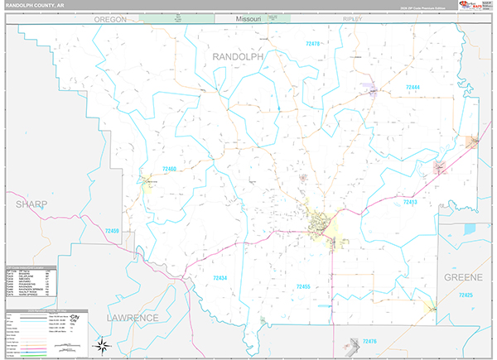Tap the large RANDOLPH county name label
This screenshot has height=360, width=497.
pyautogui.click(x=238, y=56)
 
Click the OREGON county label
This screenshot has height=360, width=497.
pyautogui.click(x=110, y=18)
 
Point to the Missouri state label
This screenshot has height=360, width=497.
pyautogui.click(x=248, y=18)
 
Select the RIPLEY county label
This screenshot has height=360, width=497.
pyautogui.click(x=354, y=18)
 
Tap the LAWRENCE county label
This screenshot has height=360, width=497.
pyautogui.click(x=132, y=317)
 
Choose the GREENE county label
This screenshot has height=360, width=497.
pyautogui.click(x=461, y=276)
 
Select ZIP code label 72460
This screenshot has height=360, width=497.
pyautogui.click(x=169, y=168)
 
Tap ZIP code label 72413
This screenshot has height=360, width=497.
pyautogui.click(x=411, y=201)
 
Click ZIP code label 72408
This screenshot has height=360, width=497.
pyautogui.click(x=112, y=230)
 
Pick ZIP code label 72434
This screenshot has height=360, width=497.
pyautogui.click(x=220, y=278)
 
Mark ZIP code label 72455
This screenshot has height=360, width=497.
pyautogui.click(x=302, y=286)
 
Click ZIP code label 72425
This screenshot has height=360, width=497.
pyautogui.click(x=466, y=295)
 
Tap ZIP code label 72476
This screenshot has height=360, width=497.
pyautogui.click(x=369, y=341)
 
